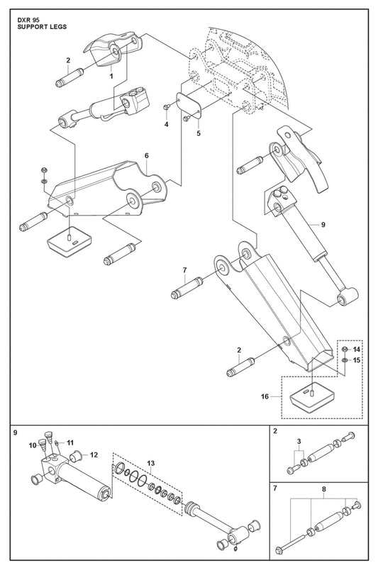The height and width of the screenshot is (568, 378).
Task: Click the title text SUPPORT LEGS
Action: (42, 27)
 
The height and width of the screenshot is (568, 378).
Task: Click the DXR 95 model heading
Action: (29, 21)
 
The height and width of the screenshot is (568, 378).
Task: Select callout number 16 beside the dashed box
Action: (265, 396)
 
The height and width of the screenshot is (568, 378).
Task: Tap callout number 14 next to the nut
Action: (357, 350)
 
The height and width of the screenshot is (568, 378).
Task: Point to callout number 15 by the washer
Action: (357, 360)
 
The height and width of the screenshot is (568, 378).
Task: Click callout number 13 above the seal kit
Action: (151, 463)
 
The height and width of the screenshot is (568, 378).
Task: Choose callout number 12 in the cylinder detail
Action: (94, 455)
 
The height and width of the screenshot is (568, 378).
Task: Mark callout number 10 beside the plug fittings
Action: (33, 445)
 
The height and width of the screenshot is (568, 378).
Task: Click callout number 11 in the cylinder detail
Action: (70, 442)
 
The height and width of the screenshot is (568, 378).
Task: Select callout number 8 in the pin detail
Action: (323, 489)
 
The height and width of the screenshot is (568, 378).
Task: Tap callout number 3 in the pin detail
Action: (299, 441)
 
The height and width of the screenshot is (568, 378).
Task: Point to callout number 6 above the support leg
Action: (146, 156)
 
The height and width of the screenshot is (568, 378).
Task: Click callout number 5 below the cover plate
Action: (199, 133)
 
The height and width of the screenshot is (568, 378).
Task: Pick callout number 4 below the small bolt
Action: (167, 124)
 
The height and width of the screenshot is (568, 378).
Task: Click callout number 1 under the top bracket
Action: (111, 76)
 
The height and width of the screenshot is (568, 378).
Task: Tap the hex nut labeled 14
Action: (345, 349)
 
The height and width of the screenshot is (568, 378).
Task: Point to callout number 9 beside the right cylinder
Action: (323, 225)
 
